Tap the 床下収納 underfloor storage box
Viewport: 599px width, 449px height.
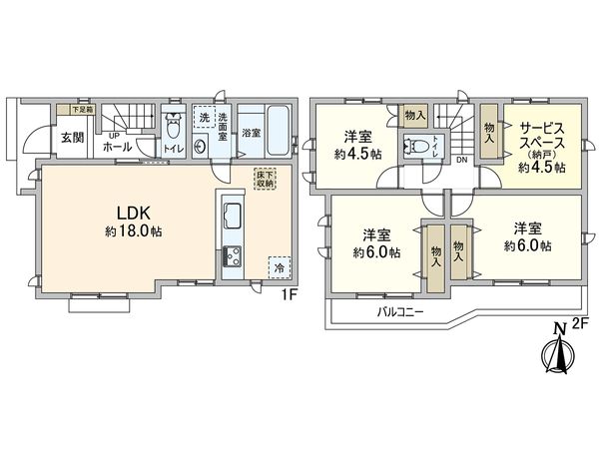[264, 180]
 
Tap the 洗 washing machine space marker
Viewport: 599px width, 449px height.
[205, 118]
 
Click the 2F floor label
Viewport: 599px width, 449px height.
[581, 324]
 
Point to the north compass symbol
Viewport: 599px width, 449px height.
[555, 354]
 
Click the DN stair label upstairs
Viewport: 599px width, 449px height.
[460, 159]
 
